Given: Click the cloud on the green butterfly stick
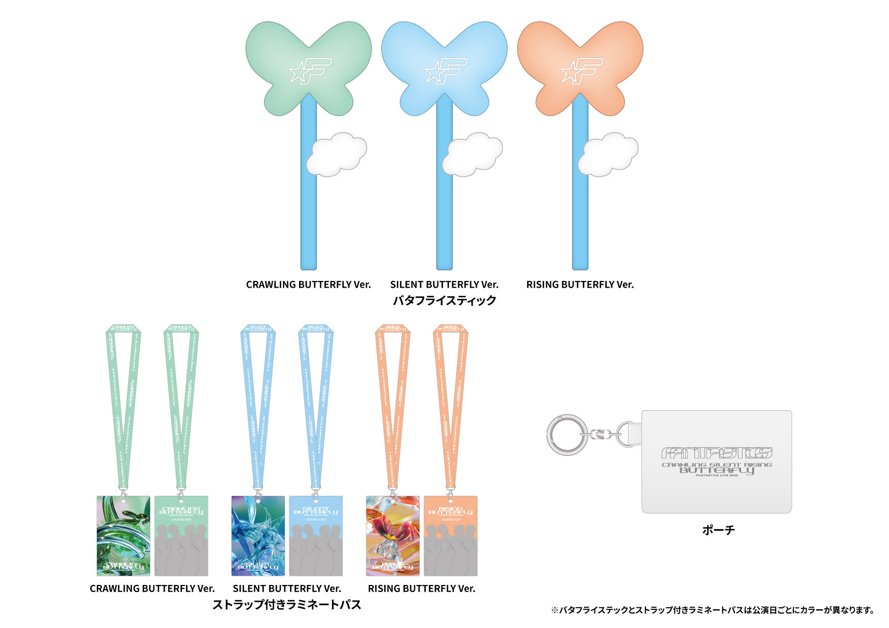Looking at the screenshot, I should point(336,154).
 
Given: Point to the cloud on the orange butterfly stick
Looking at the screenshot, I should point(608,154).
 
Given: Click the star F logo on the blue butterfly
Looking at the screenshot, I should point(446,70).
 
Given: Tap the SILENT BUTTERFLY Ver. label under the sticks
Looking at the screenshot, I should point(444,285).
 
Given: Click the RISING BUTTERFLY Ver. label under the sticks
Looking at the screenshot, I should point(580,285).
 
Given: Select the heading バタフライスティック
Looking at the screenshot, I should point(444,300).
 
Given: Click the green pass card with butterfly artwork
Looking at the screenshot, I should point(123,535).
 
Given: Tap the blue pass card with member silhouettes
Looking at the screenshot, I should point(316,535).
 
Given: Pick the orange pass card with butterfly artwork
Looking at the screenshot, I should point(393,535).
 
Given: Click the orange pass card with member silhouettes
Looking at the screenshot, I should point(451,535).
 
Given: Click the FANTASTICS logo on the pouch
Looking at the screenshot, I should point(717,452).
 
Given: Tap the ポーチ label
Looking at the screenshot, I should point(718,530).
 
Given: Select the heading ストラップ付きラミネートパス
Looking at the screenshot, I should point(286,604).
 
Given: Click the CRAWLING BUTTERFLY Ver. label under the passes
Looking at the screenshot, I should point(152,588).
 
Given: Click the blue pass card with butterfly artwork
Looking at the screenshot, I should point(258,535).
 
